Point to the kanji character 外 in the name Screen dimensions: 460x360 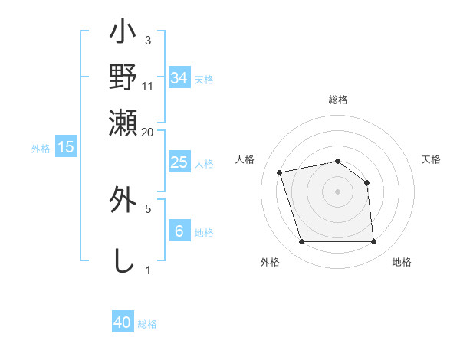(x=123, y=200)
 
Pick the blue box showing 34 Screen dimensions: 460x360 (x=179, y=78)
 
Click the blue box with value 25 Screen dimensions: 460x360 (x=179, y=162)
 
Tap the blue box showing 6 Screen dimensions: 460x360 (x=179, y=231)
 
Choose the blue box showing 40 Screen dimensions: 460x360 (x=123, y=322)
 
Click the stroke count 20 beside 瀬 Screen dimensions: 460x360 (x=148, y=132)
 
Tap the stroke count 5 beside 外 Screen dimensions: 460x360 (x=148, y=208)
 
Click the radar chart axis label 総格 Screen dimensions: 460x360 (x=337, y=100)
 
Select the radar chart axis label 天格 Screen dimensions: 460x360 (x=431, y=159)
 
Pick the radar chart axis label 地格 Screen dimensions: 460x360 (x=402, y=263)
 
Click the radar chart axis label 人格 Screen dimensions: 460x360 (x=245, y=159)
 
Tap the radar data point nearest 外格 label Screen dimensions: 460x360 (x=301, y=242)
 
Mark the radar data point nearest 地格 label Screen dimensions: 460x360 (x=373, y=242)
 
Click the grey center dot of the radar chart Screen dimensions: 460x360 (x=337, y=191)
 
